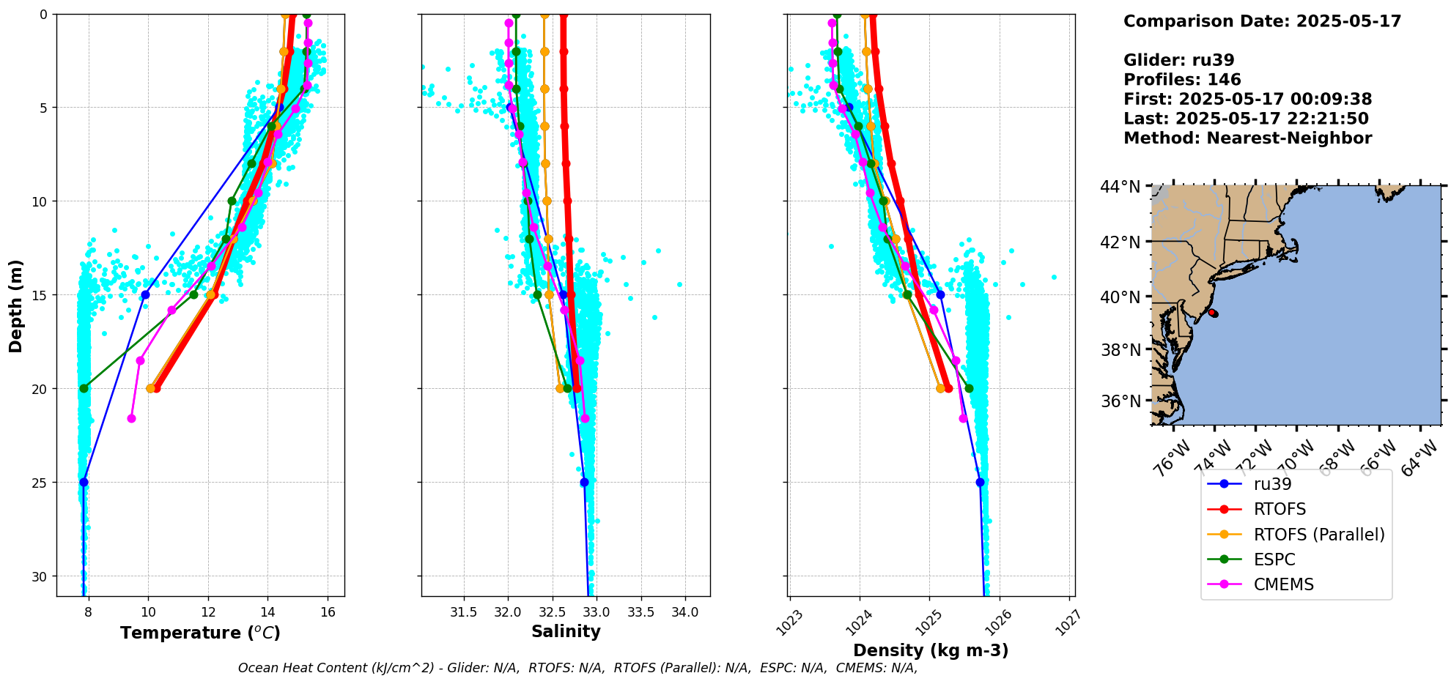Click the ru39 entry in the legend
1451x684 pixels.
[x=1272, y=484]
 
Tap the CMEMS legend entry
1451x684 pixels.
[x=1283, y=584]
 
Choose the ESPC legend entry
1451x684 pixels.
[x=1274, y=560]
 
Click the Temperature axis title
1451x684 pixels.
[x=200, y=633]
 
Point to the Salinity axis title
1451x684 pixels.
[x=566, y=631]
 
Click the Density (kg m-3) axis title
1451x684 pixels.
[x=931, y=650]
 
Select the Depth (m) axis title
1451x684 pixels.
[x=16, y=305]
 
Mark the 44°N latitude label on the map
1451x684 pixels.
[x=1120, y=187]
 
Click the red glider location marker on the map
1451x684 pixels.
[x=1213, y=313]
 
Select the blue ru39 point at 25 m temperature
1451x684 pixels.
[x=84, y=482]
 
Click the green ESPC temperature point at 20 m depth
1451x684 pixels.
[x=84, y=388]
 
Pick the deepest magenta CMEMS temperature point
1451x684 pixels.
[x=132, y=418]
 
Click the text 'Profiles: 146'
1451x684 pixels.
[x=1182, y=80]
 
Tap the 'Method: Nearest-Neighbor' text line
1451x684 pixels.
[x=1247, y=138]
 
